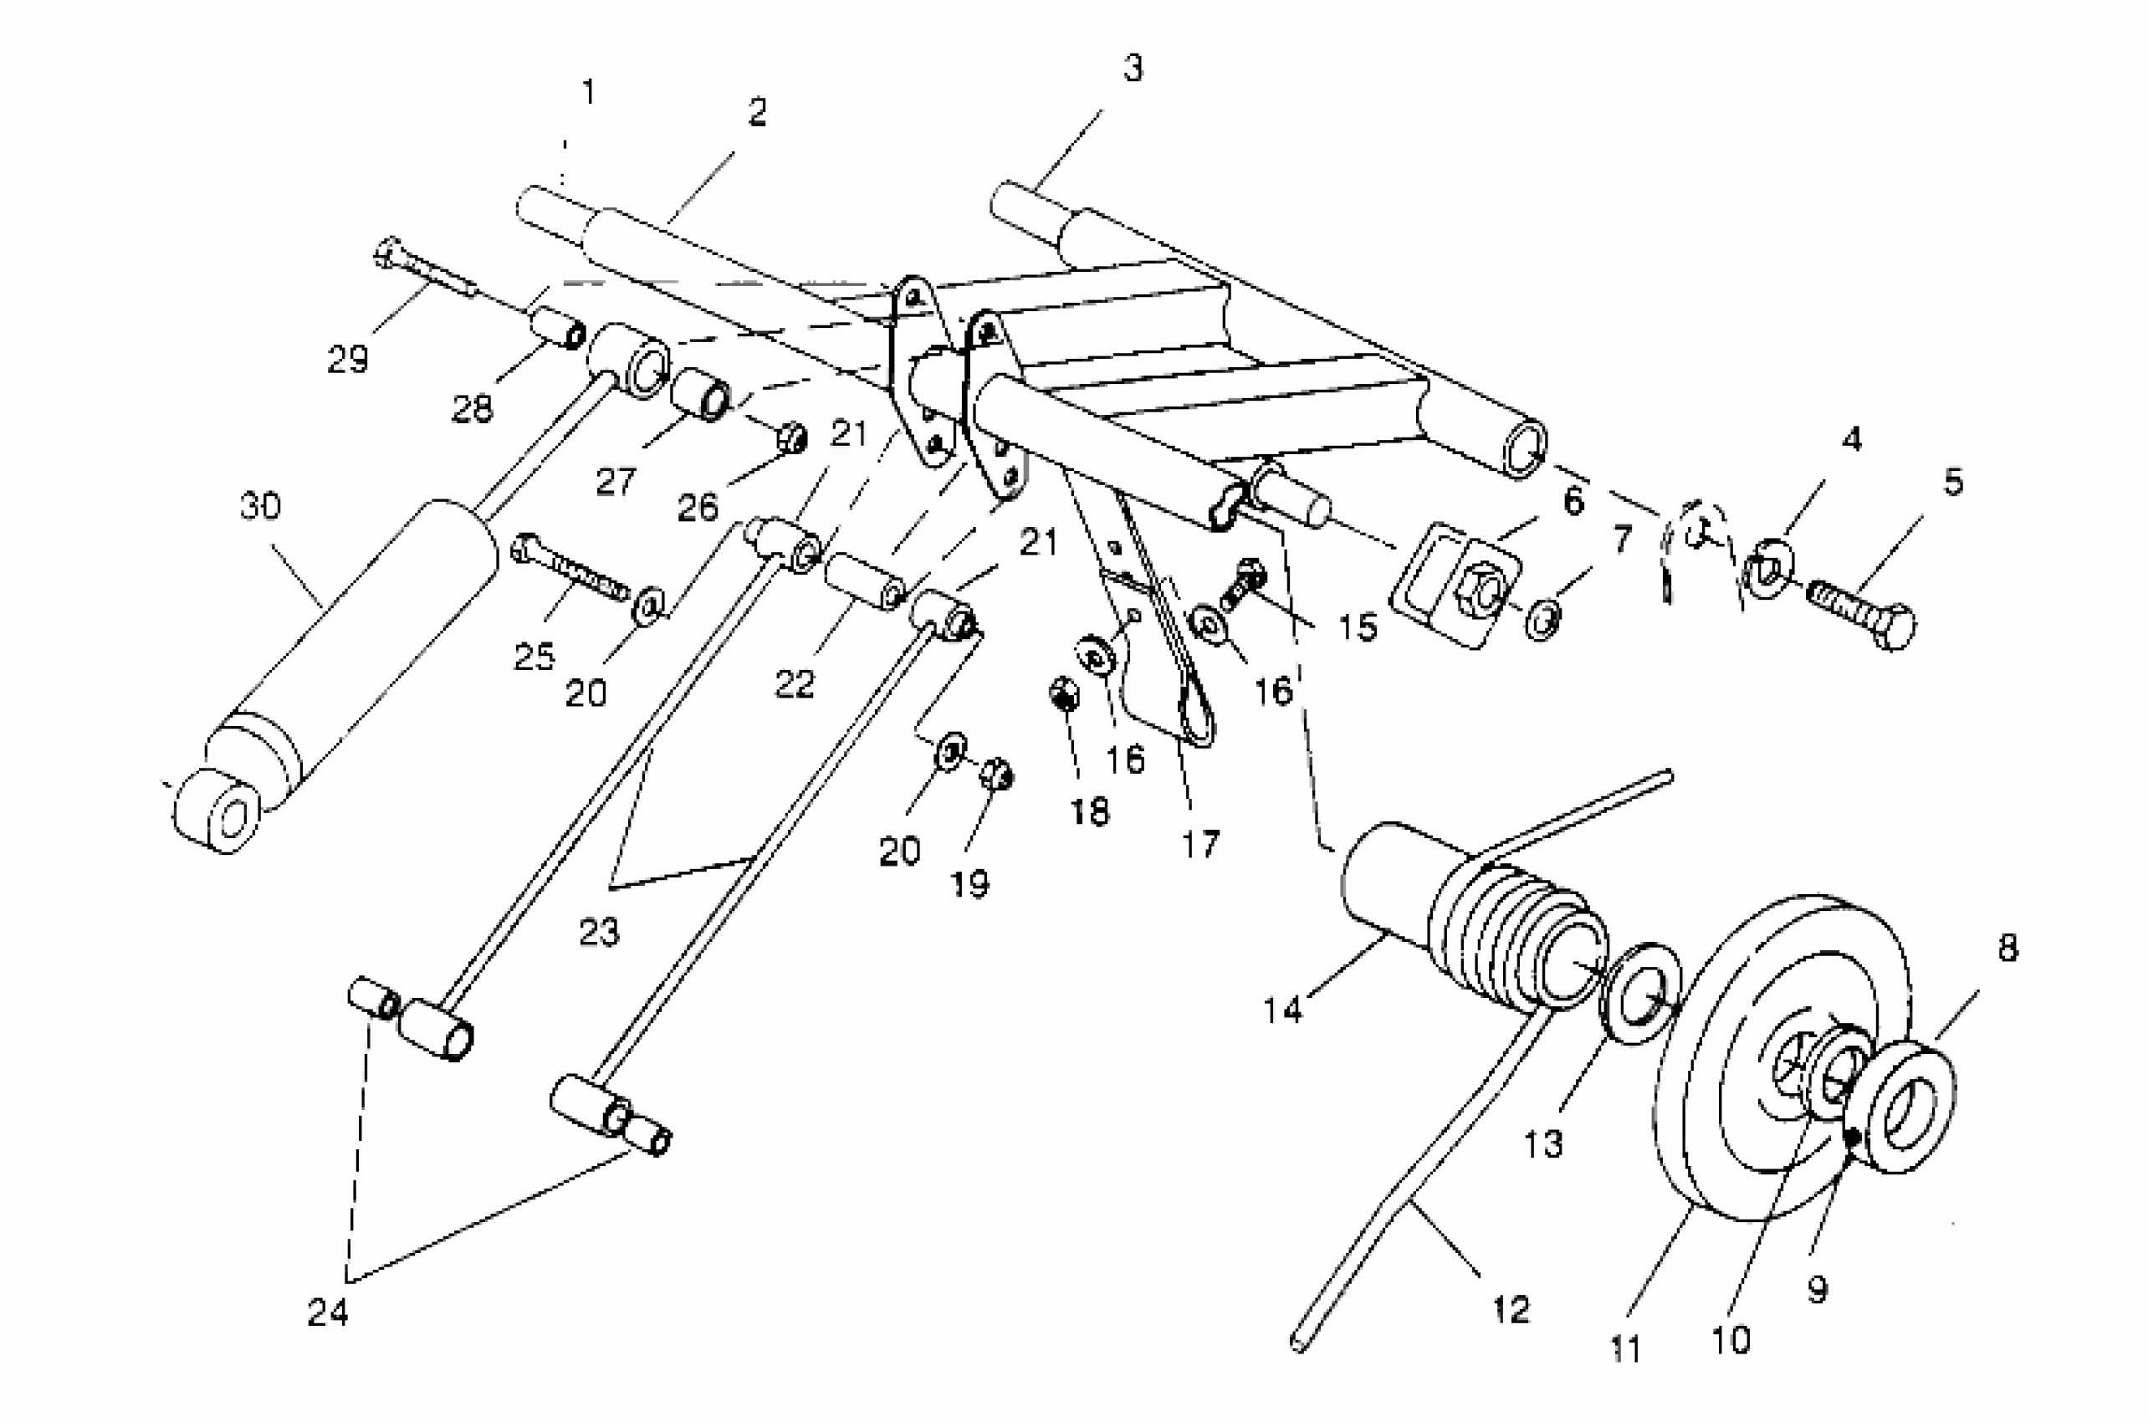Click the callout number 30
pyautogui.click(x=260, y=506)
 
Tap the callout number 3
pyautogui.click(x=1133, y=69)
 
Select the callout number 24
pyautogui.click(x=327, y=1312)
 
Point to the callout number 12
pyautogui.click(x=1511, y=1308)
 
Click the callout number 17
pyautogui.click(x=1200, y=844)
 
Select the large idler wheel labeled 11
pyautogui.click(x=1777, y=1061)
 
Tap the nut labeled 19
pyautogui.click(x=996, y=774)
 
